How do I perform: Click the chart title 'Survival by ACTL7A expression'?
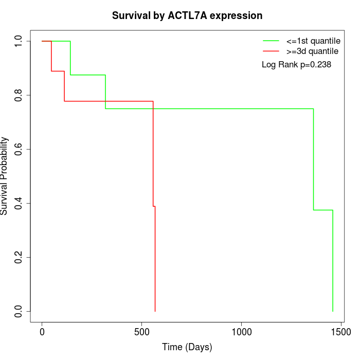click(187, 15)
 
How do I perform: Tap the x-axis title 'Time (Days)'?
click(187, 347)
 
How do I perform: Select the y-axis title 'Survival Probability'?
click(5, 176)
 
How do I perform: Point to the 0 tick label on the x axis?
click(42, 332)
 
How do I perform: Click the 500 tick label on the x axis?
click(141, 332)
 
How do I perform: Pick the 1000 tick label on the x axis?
click(241, 332)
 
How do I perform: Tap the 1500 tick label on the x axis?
click(340, 332)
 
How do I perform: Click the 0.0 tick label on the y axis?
click(19, 311)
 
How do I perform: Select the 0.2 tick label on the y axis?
click(19, 257)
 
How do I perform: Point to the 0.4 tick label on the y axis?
click(19, 203)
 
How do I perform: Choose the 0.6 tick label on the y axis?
click(19, 149)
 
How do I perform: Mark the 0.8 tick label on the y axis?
click(19, 95)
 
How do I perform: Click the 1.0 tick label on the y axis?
click(19, 41)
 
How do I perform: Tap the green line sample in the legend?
click(271, 41)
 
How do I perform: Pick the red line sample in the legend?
click(271, 51)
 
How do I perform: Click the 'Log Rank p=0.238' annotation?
click(296, 64)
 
